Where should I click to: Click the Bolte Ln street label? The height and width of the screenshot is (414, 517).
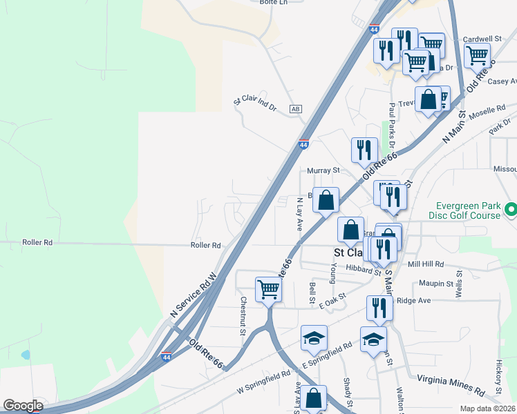point(254,3)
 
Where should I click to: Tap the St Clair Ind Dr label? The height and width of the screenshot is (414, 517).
point(255,104)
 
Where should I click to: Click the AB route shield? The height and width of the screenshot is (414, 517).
point(296,109)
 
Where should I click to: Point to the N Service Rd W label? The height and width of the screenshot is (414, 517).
point(194,294)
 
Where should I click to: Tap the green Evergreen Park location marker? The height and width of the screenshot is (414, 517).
point(511,208)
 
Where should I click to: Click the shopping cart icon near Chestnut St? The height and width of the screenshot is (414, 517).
point(267,290)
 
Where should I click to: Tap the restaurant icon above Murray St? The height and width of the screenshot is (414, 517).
point(363,150)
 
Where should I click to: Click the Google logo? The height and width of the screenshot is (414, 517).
point(22,406)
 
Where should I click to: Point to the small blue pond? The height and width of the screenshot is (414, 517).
point(26,355)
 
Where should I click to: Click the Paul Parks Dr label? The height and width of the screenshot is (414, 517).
point(392,124)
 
